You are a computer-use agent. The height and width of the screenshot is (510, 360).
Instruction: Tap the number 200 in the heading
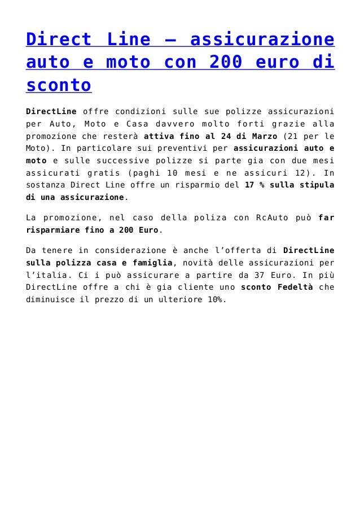226,63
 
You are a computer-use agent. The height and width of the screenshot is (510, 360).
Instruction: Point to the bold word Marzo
261,136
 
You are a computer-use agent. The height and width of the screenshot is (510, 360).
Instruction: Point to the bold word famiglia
152,263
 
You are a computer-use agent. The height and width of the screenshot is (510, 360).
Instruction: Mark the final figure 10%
214,300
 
